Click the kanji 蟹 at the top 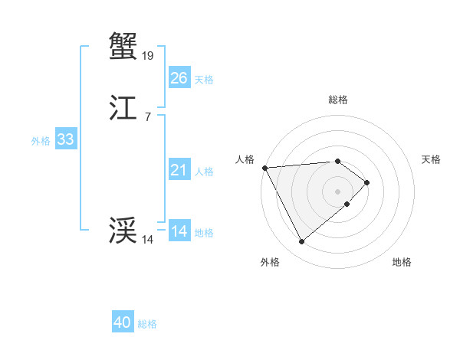(123, 45)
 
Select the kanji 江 (123, 109)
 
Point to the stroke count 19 (148, 55)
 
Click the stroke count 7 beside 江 (148, 117)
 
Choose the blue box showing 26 (179, 78)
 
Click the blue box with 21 (179, 170)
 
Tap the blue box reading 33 (65, 139)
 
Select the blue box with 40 (123, 322)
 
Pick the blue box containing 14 (179, 231)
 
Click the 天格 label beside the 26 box (204, 80)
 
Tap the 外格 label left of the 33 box (41, 141)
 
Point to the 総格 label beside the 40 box (147, 324)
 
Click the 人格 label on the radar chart (245, 159)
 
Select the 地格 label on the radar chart (402, 263)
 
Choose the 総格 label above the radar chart (337, 100)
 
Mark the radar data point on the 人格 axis (264, 168)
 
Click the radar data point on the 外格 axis (301, 242)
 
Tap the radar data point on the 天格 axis (367, 182)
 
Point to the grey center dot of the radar (337, 191)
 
